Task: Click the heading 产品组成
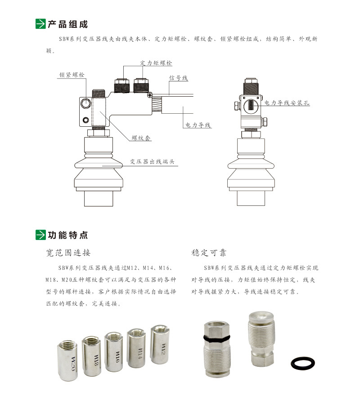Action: tap(67, 24)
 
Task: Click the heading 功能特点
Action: tap(67, 235)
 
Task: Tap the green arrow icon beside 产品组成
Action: tap(40, 24)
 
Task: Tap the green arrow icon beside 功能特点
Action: tap(40, 235)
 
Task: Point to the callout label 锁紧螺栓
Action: tap(72, 75)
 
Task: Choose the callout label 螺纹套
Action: tap(141, 138)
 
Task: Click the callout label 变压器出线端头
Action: tap(154, 162)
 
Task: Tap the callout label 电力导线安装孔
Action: tap(287, 103)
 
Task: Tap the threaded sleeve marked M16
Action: tap(114, 352)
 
